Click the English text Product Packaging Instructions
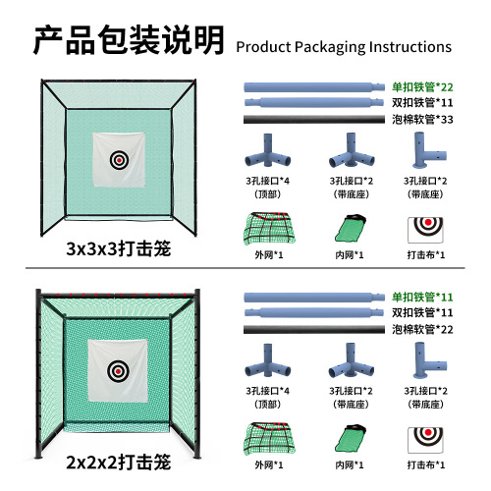pos(345,46)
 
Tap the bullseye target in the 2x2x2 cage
pos(120,372)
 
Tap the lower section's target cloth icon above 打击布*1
pos(423,439)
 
